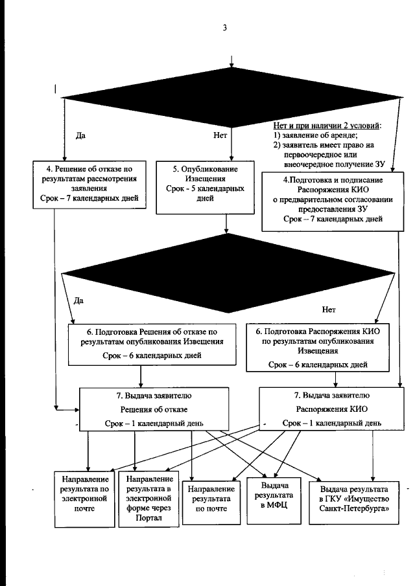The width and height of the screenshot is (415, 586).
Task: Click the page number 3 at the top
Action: click(x=224, y=27)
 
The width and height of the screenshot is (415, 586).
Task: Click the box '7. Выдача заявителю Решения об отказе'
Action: click(x=153, y=408)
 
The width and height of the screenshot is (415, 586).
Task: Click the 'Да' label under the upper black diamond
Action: click(x=81, y=137)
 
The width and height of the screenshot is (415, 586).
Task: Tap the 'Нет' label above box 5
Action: click(x=219, y=137)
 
